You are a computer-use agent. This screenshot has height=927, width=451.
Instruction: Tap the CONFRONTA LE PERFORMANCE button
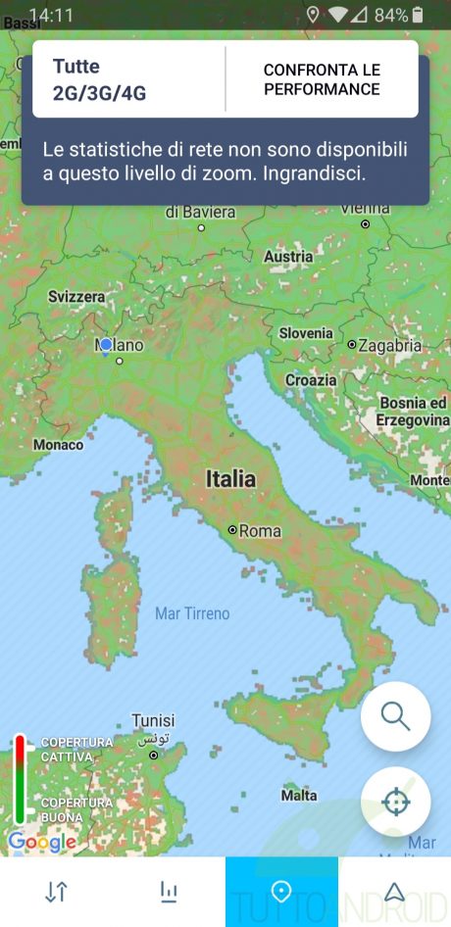click(322, 79)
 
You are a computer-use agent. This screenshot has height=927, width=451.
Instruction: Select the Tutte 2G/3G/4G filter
click(99, 80)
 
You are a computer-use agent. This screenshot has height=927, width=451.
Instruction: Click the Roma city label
click(260, 531)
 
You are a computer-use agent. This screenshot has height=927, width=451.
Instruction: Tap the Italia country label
click(230, 479)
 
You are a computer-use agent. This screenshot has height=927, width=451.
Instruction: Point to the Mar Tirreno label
click(192, 613)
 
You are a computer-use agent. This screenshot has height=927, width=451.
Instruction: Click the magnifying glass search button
click(395, 716)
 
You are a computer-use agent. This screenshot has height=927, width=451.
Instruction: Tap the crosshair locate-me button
click(395, 802)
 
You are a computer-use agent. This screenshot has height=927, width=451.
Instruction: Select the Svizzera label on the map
click(76, 296)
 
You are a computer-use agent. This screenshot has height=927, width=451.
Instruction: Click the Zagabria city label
click(389, 345)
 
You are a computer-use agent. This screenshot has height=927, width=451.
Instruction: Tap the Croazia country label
click(311, 380)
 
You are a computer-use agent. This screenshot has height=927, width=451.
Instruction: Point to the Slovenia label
click(306, 333)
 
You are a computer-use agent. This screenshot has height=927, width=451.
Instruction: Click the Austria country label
click(288, 257)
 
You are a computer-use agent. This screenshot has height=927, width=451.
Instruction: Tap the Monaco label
click(58, 445)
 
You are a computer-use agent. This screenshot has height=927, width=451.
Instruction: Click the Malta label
click(299, 796)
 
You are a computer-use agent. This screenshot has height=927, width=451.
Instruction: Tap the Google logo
click(41, 842)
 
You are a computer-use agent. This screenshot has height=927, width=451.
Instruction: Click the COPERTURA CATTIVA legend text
click(76, 750)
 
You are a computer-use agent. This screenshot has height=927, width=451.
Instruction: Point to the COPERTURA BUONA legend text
click(76, 809)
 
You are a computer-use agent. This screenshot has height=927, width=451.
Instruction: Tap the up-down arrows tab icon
click(56, 892)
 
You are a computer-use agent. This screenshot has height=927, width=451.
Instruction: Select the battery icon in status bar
click(419, 15)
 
